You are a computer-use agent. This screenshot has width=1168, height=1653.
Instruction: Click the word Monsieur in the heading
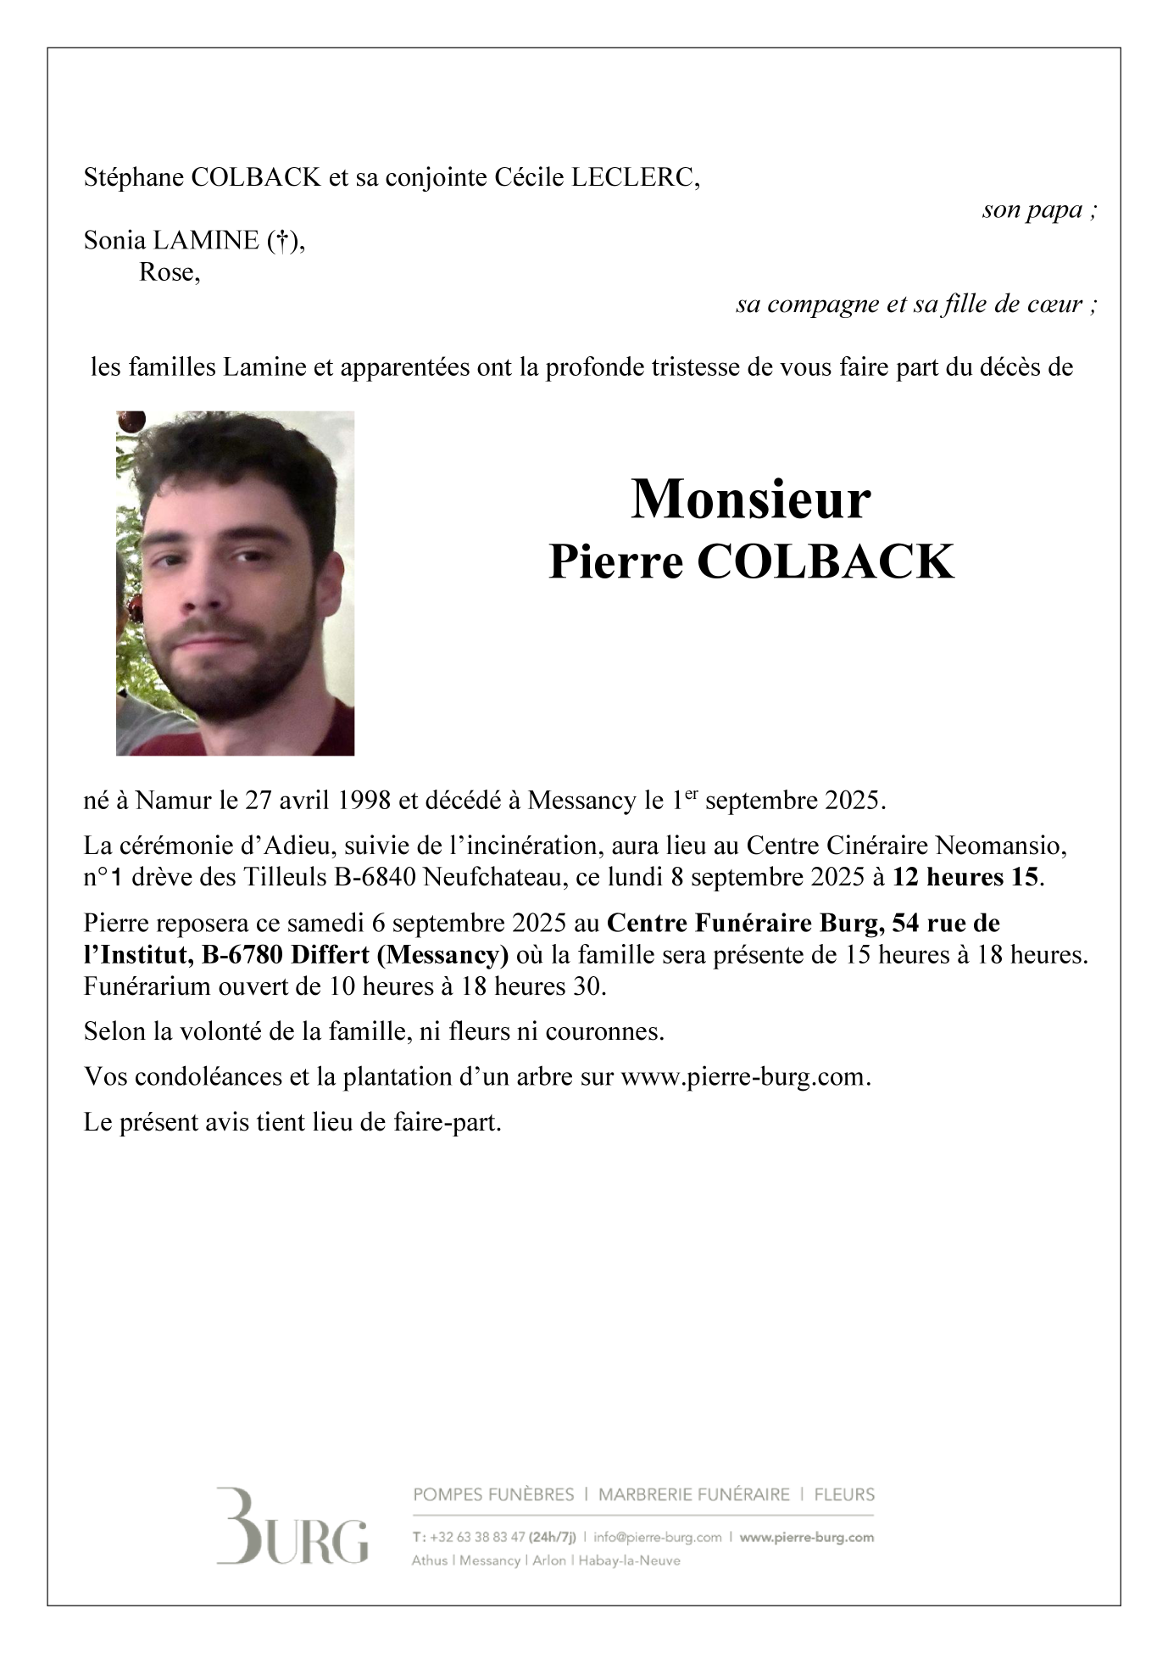tap(750, 500)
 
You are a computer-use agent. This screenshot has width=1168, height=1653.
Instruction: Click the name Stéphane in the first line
tap(134, 178)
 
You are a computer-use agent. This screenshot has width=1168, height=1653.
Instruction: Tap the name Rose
tap(169, 273)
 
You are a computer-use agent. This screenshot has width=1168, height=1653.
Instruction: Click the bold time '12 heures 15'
tap(965, 877)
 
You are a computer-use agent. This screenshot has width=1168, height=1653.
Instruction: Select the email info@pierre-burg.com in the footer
tap(658, 1537)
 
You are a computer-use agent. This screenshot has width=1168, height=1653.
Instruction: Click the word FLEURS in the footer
tap(844, 1494)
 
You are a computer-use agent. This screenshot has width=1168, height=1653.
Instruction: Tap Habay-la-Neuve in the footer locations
tap(629, 1561)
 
